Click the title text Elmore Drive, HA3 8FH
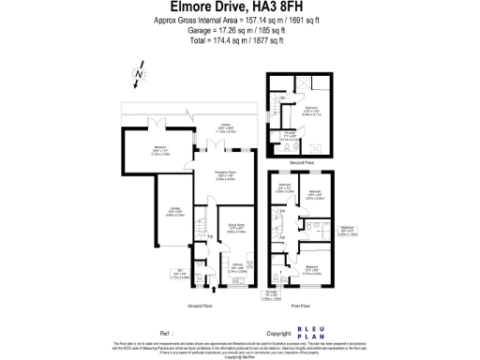(239, 7)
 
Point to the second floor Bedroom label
(310, 109)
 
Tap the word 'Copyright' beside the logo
(279, 332)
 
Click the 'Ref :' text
(166, 332)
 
